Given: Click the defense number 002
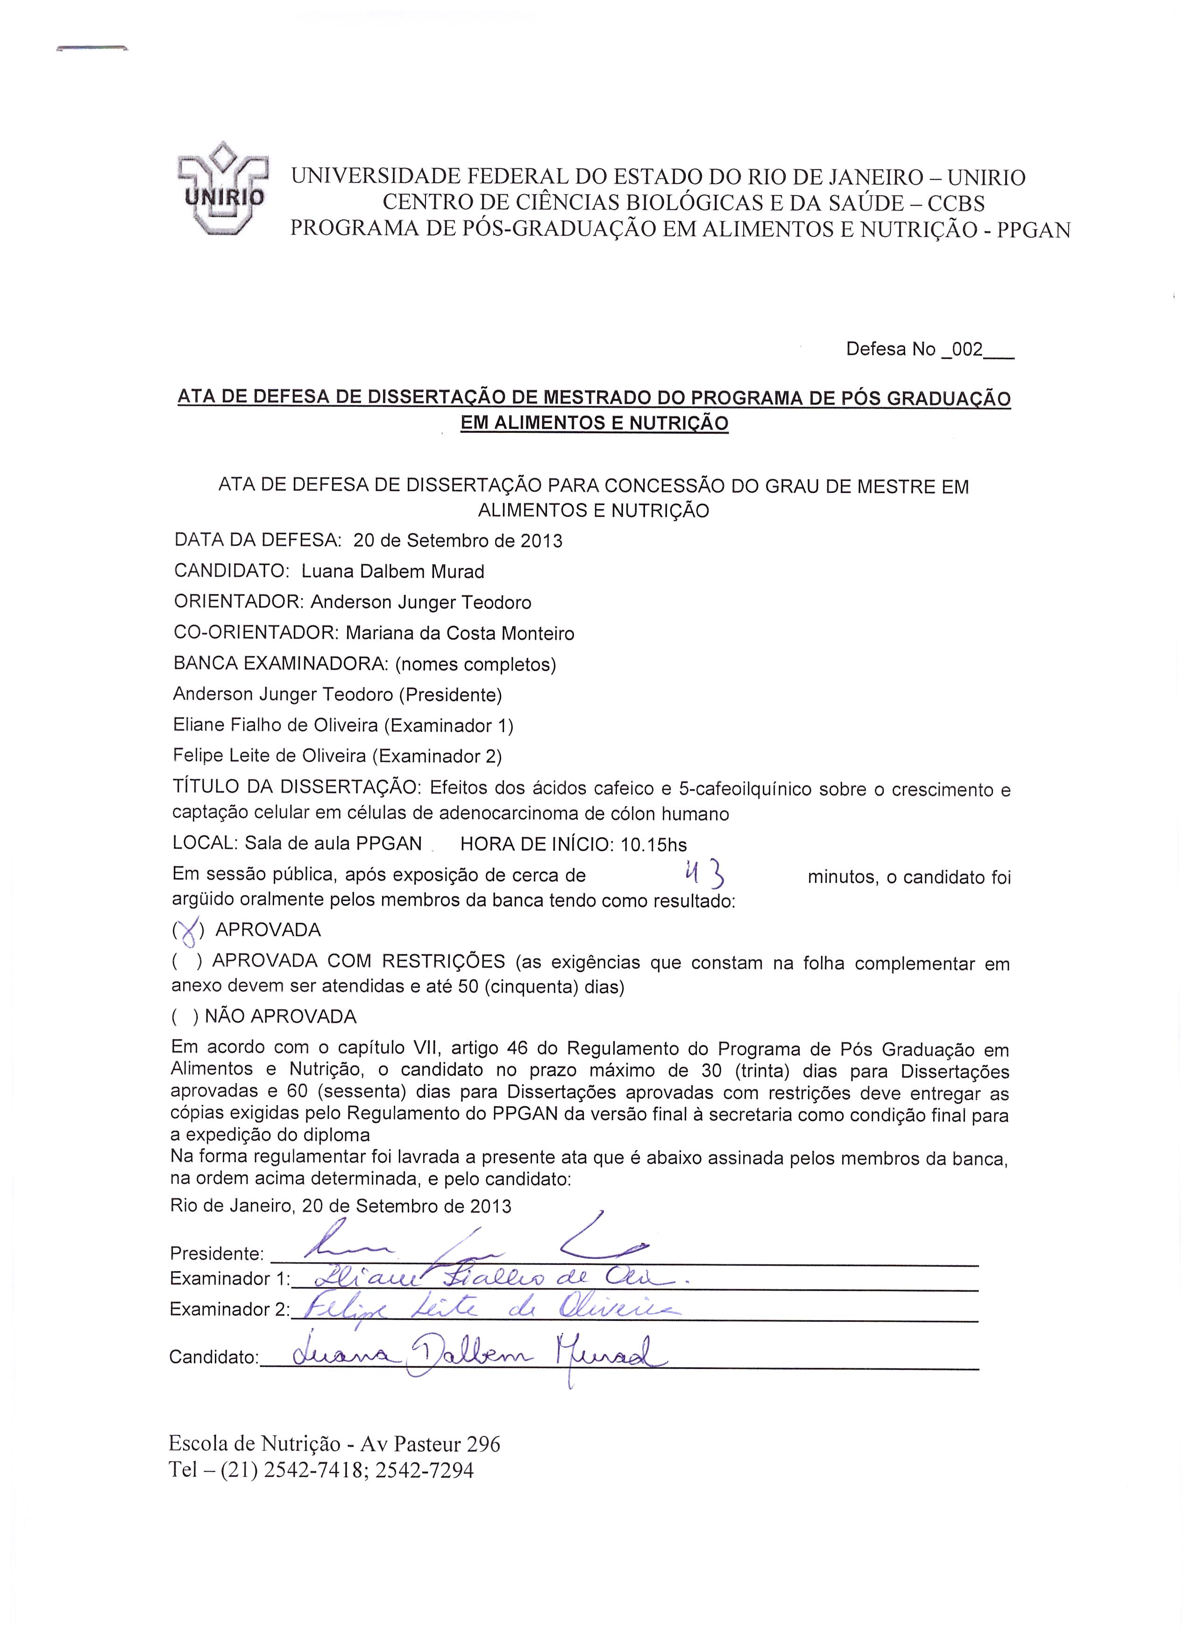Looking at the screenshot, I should tap(968, 350).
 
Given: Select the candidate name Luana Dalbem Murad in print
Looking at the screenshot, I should tap(392, 572).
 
